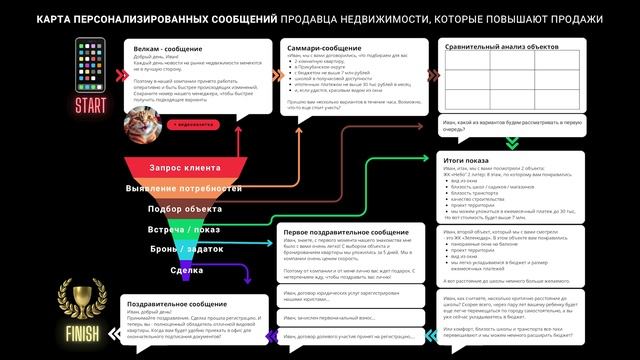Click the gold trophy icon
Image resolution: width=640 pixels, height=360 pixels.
click(79, 296)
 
